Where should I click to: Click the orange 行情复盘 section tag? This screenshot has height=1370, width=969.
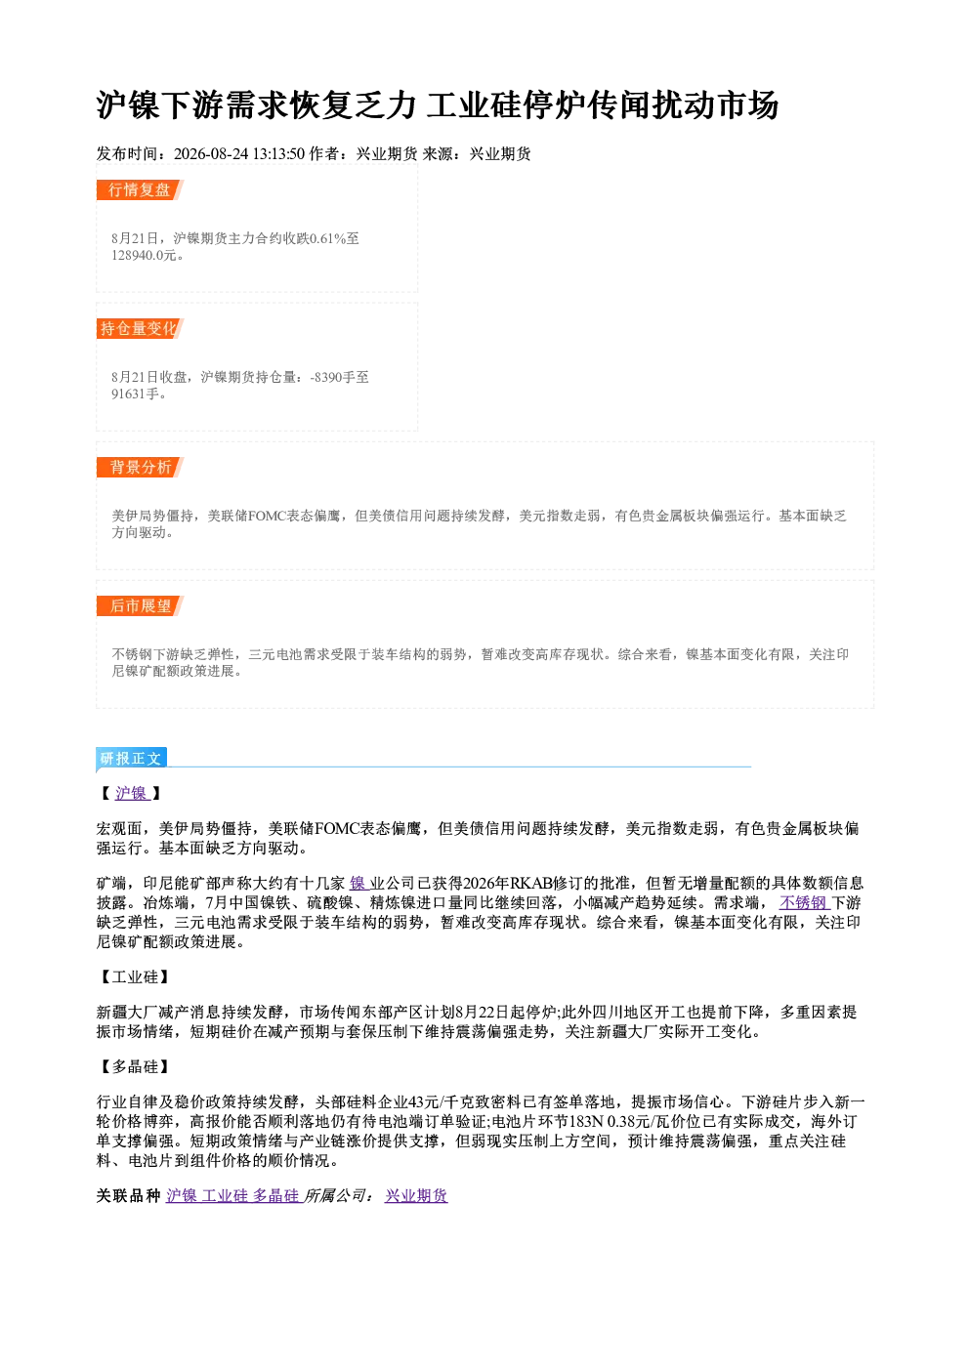click(x=140, y=190)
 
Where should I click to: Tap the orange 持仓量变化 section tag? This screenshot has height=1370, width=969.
click(x=140, y=329)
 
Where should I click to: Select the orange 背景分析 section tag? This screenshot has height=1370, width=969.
click(x=140, y=468)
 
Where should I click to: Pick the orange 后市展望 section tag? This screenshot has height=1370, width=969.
click(x=140, y=606)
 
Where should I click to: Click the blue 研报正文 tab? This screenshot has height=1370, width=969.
click(x=131, y=759)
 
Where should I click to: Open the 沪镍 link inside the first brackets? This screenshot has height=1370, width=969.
click(x=132, y=793)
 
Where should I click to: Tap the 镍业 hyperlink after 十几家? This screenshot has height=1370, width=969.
click(x=367, y=883)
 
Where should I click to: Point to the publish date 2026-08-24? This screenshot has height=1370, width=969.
click(x=211, y=153)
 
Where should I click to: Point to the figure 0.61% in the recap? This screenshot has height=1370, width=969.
click(x=327, y=238)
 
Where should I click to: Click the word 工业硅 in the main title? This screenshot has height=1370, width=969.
click(x=475, y=104)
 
